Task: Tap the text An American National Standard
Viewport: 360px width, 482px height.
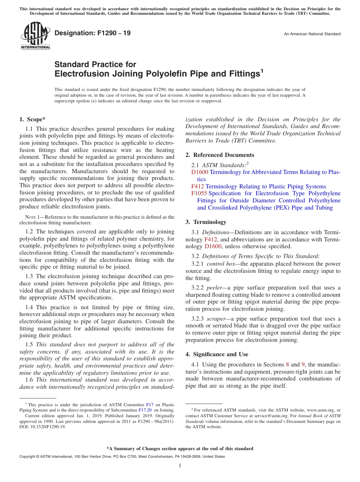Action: [312, 34]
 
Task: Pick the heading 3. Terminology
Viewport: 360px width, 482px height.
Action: [206, 222]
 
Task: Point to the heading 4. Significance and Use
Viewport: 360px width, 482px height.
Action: [217, 354]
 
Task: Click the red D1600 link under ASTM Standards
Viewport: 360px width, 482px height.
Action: [200, 172]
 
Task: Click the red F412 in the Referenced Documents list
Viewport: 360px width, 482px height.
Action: [197, 186]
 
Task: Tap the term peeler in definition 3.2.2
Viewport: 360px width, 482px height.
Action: [214, 288]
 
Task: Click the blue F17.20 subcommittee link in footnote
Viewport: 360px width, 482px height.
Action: [145, 410]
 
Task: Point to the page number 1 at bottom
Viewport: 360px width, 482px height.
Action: [180, 466]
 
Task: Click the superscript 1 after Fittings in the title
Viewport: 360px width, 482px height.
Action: [261, 70]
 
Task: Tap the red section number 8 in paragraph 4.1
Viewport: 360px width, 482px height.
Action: [287, 365]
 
